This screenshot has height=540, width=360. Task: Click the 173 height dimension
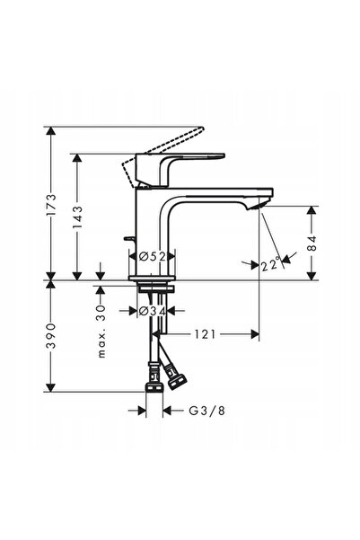[51, 205]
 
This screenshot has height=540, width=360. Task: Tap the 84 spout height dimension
[312, 243]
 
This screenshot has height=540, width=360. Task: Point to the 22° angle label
[270, 265]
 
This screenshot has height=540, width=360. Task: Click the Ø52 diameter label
[152, 257]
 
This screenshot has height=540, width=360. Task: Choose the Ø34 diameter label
[152, 311]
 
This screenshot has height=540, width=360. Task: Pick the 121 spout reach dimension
[205, 334]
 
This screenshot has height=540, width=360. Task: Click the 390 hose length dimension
[51, 336]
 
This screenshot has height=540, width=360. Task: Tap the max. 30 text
[101, 331]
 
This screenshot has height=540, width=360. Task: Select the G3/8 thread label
[206, 410]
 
